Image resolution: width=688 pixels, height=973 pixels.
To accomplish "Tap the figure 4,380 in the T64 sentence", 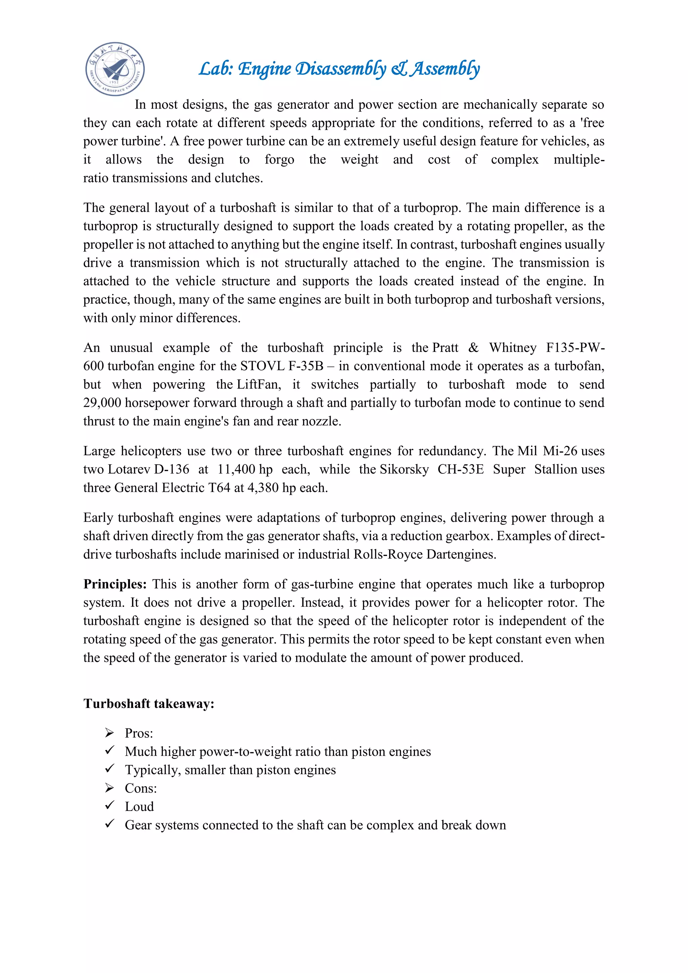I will pos(263,488).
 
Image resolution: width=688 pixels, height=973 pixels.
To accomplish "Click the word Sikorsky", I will pos(404,469).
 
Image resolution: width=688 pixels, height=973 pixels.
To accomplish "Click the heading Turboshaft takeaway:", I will pos(149,704).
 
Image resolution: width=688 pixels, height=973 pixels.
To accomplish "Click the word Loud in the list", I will pos(139,806).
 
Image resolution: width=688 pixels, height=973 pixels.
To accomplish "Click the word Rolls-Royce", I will pos(388,554).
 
